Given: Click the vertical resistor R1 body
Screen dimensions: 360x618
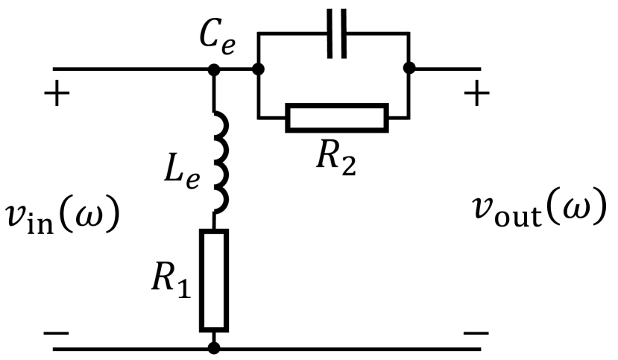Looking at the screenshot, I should [x=215, y=280].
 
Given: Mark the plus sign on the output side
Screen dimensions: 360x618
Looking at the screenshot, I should [x=478, y=96].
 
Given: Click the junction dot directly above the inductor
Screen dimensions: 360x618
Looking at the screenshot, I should [x=215, y=69].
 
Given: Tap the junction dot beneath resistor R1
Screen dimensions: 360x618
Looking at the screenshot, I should [x=215, y=348].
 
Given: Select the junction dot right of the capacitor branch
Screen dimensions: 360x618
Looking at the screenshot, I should [x=409, y=69].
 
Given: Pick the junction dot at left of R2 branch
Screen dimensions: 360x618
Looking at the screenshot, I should [x=258, y=69].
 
